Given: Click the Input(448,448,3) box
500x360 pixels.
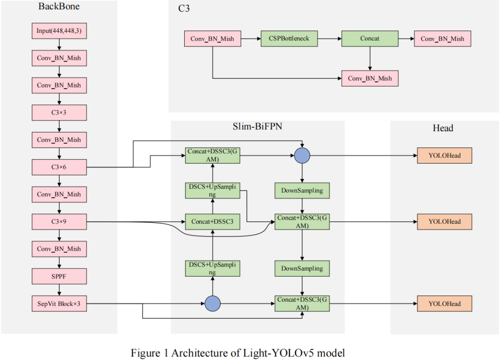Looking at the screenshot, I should click(59, 32).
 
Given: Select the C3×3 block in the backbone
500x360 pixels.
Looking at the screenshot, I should click(59, 113).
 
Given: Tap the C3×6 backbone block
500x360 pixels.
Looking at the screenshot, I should click(59, 167).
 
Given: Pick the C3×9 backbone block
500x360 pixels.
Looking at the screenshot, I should click(59, 221).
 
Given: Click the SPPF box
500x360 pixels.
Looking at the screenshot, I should click(59, 276).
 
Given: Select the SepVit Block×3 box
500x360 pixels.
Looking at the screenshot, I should click(59, 303).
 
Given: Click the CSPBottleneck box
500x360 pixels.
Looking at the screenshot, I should click(289, 39).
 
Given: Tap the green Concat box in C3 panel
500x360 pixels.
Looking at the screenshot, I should click(369, 39).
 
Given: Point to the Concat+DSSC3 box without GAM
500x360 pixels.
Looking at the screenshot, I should click(212, 222).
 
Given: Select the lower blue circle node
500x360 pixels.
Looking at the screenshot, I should click(212, 304).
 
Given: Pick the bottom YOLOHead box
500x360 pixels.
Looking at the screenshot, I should click(444, 304).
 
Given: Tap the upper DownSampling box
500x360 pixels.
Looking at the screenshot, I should click(302, 190).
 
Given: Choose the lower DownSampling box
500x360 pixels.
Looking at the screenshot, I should click(302, 268).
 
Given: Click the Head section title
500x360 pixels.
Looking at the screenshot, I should click(443, 128).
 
